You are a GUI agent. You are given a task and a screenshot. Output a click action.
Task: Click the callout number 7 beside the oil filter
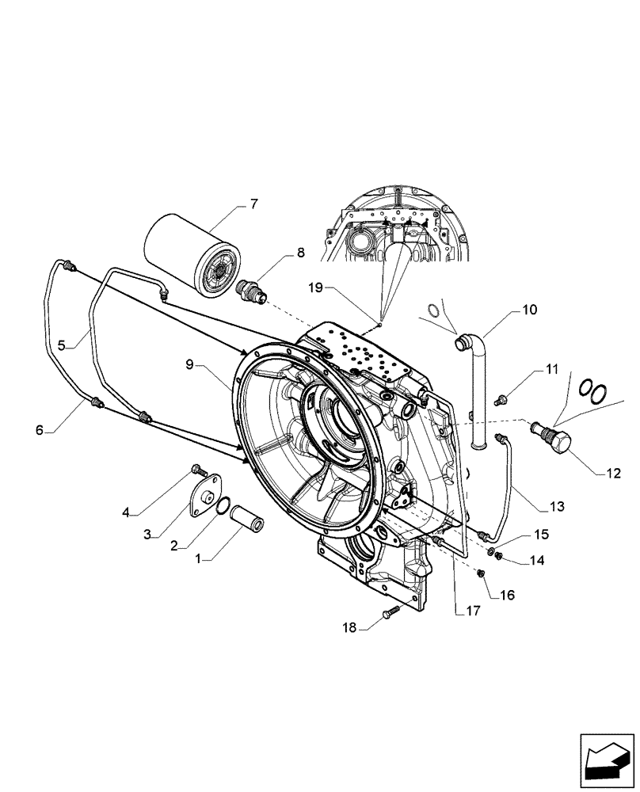[253, 204]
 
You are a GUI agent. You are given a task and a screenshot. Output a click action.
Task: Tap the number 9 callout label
[190, 364]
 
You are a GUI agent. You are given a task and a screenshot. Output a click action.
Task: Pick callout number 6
[39, 429]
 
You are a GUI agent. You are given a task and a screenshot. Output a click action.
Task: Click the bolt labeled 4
[198, 473]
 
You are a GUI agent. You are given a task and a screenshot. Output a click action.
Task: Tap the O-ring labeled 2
[224, 505]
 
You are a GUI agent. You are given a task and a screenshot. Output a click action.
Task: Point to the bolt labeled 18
[393, 612]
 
